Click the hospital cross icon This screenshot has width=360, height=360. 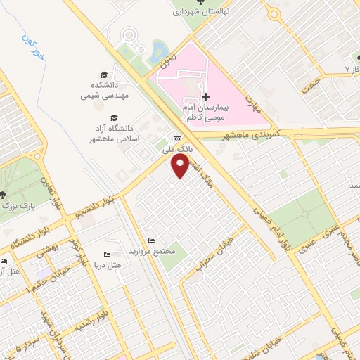pyautogui.click(x=205, y=96)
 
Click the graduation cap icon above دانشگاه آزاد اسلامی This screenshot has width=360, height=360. pyautogui.click(x=114, y=118)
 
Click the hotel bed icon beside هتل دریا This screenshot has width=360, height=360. pyautogui.click(x=107, y=255)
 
